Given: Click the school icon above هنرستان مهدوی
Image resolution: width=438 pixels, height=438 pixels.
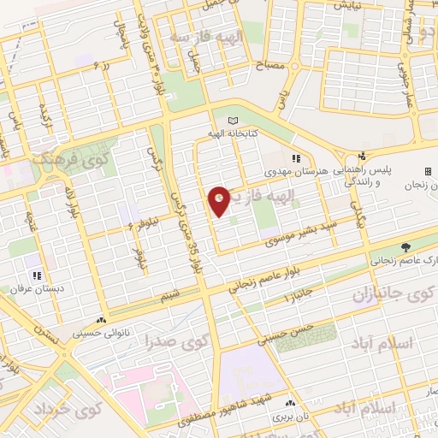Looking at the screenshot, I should (x=297, y=158).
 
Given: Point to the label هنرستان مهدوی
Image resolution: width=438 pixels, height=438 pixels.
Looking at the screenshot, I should (x=297, y=173).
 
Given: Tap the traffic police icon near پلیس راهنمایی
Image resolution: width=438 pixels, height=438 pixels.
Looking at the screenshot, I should (x=362, y=157).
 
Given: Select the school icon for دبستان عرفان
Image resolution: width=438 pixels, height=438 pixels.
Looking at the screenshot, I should (x=38, y=275).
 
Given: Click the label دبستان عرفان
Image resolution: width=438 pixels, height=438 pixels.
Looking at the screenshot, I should (x=38, y=290).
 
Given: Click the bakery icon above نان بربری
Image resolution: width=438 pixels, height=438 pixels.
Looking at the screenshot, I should (x=290, y=403).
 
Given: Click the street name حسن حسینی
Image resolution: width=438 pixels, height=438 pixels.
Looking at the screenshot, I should (x=288, y=335).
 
